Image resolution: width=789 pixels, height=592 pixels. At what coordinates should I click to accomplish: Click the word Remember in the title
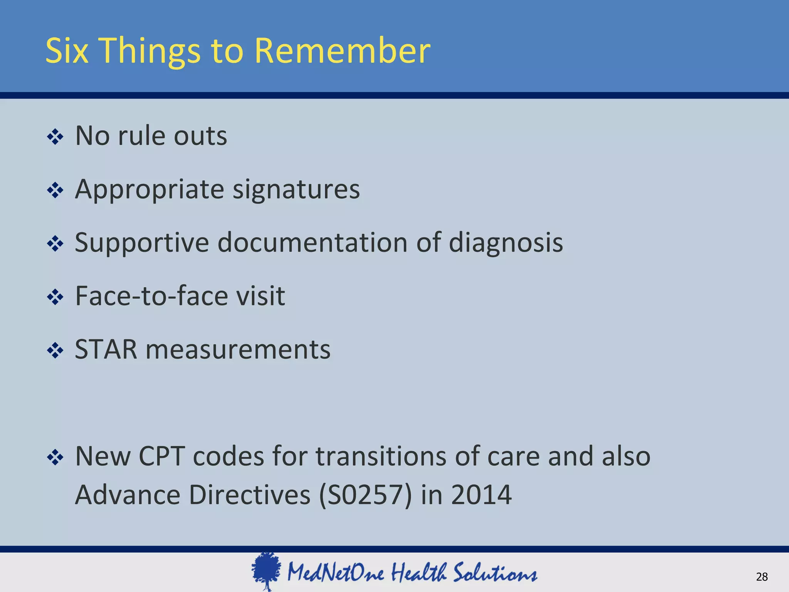point(342,51)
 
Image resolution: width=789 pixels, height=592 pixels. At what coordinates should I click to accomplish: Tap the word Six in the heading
point(67,51)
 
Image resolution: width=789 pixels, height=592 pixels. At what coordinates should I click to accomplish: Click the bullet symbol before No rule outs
point(55,137)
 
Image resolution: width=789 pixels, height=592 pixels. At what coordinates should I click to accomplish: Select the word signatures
point(296,190)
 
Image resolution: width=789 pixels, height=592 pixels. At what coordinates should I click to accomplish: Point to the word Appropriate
point(149,190)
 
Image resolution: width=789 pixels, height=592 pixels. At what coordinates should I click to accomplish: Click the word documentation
point(312,243)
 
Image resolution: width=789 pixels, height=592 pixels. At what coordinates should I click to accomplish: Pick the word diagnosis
point(506,243)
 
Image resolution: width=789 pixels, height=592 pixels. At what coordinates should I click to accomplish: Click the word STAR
point(106,350)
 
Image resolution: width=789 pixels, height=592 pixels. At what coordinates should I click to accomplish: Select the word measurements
point(238,350)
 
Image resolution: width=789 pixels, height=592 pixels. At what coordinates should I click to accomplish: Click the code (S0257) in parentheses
point(366,495)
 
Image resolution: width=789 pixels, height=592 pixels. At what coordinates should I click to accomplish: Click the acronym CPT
point(161,456)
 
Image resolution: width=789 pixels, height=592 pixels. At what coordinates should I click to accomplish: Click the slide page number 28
point(762,577)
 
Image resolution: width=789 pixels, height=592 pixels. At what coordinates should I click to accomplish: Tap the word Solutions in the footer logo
point(495,573)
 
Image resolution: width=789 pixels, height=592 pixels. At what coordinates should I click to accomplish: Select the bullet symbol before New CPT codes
point(55,457)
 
